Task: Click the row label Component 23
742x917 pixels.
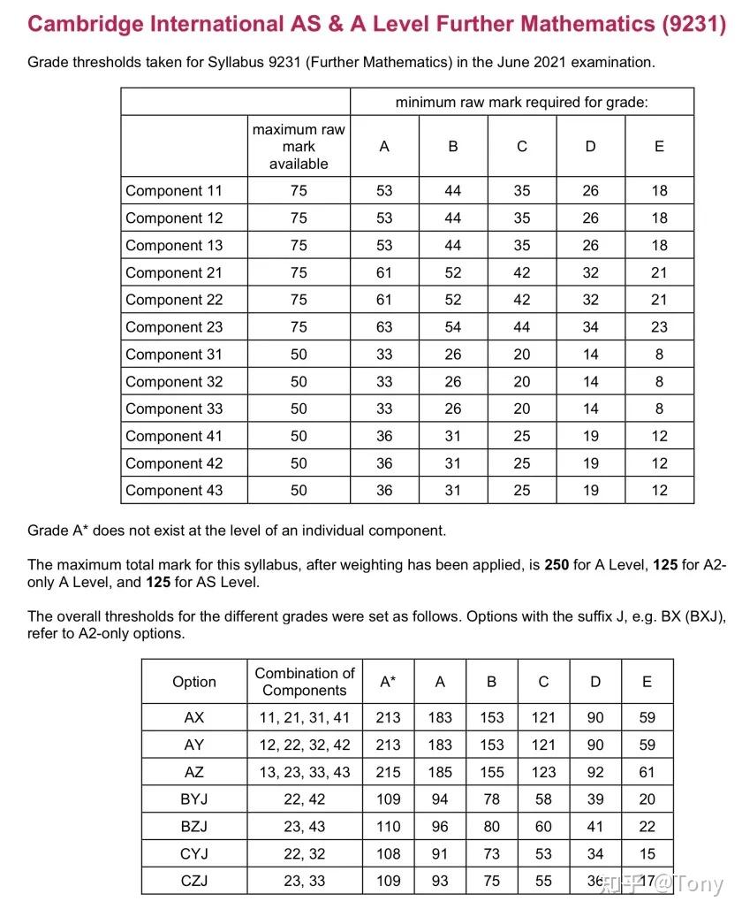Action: click(x=174, y=327)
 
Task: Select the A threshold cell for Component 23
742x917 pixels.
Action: click(x=384, y=327)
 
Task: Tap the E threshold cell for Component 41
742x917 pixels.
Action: click(x=659, y=436)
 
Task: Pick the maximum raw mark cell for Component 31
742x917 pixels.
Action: click(x=299, y=355)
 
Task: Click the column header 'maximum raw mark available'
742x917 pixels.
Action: click(x=299, y=147)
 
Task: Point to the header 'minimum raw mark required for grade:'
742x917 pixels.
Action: click(x=521, y=103)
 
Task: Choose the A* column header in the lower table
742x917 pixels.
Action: click(x=388, y=682)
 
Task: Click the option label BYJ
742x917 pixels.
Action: click(x=193, y=799)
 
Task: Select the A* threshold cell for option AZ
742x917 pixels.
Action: click(x=388, y=772)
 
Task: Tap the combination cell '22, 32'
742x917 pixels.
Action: click(x=305, y=854)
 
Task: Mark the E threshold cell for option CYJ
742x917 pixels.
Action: click(x=647, y=854)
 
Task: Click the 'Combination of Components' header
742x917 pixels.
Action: click(x=305, y=682)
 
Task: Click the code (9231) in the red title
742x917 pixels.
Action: click(x=693, y=25)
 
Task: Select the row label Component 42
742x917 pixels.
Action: click(x=174, y=463)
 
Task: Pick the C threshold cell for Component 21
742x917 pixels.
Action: click(x=522, y=273)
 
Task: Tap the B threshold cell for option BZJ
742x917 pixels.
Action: click(x=492, y=827)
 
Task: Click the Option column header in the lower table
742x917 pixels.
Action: click(x=193, y=682)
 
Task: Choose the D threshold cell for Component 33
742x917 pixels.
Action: click(x=591, y=409)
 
